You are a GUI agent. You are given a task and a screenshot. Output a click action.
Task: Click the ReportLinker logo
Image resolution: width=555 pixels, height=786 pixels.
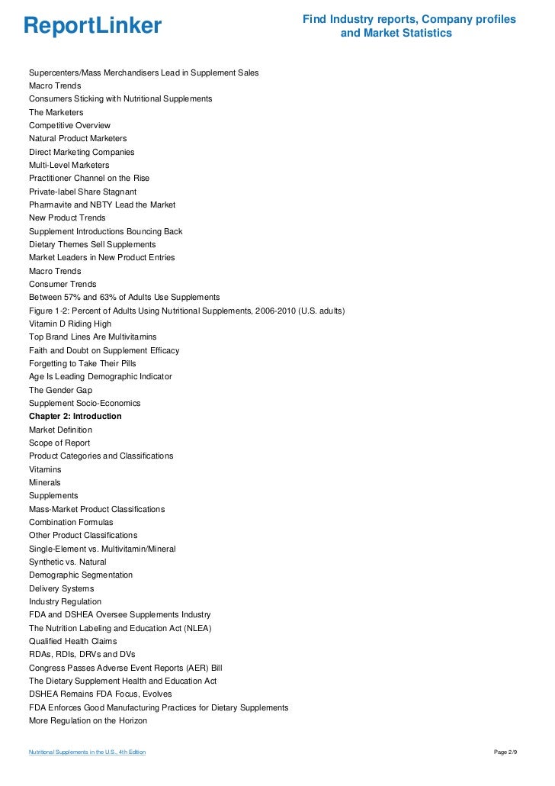point(92,26)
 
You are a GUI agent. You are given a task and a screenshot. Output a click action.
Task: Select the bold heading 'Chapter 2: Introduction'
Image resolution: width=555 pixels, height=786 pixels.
point(75,417)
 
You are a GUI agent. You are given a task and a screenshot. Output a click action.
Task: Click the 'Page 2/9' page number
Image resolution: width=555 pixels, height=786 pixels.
point(505,753)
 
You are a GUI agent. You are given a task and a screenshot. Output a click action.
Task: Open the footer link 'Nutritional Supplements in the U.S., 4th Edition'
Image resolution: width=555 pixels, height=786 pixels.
point(87,753)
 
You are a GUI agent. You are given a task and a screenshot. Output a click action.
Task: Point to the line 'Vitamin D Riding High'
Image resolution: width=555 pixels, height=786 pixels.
point(69,324)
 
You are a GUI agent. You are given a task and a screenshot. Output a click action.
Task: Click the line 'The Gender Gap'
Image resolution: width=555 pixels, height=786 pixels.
point(60,390)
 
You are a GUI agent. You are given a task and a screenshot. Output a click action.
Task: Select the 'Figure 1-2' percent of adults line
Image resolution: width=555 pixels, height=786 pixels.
point(187,311)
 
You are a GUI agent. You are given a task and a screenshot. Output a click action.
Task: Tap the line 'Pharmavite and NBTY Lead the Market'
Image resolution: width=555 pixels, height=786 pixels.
point(102,205)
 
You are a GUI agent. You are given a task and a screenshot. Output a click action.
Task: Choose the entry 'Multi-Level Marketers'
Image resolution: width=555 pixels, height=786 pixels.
point(69,165)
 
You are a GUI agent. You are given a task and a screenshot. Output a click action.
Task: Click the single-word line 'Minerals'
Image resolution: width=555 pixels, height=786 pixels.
point(45,482)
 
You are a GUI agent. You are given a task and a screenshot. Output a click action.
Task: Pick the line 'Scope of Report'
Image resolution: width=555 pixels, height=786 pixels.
point(59,443)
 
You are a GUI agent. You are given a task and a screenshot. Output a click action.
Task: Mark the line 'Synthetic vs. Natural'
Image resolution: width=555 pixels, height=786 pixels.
point(68,562)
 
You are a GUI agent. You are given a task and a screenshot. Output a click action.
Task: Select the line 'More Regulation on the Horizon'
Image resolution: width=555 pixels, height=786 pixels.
point(88,720)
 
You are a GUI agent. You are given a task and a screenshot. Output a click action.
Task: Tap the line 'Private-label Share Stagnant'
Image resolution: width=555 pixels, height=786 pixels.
point(82,192)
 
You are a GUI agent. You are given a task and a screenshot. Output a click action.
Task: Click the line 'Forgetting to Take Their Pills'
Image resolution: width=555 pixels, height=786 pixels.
point(82,363)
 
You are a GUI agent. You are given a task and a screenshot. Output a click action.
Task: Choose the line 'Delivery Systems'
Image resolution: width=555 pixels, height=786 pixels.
point(61,588)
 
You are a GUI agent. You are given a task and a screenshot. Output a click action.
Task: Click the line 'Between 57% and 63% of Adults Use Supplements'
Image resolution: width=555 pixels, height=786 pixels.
point(124,297)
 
